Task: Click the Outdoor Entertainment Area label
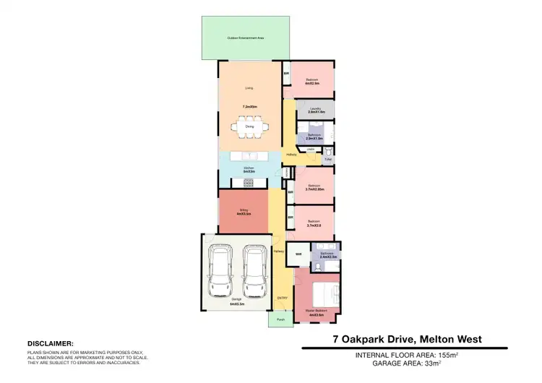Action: click(x=245, y=38)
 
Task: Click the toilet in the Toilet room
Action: click(x=327, y=152)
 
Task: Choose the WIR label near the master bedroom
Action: click(x=298, y=254)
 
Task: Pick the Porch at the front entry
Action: click(x=281, y=319)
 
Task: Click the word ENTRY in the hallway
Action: click(x=283, y=298)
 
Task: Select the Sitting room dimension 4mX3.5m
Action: click(x=244, y=214)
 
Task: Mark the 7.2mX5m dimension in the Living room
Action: click(x=249, y=106)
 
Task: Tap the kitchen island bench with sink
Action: click(x=249, y=156)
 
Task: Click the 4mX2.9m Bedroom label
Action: click(x=313, y=83)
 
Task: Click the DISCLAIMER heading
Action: click(x=50, y=343)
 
